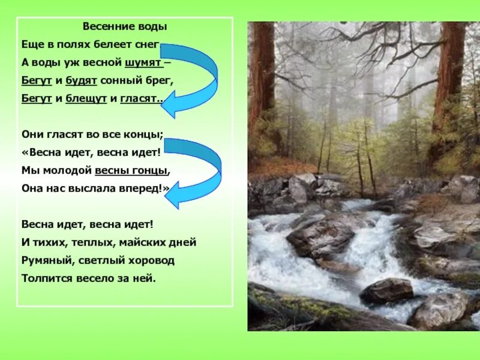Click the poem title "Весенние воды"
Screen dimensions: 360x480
pyautogui.click(x=124, y=27)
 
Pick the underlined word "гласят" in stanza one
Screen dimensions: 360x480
pyautogui.click(x=141, y=97)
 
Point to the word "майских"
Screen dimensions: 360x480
pyautogui.click(x=142, y=243)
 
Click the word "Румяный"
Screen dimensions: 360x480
pyautogui.click(x=44, y=261)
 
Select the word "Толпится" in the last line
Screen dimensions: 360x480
pyautogui.click(x=45, y=278)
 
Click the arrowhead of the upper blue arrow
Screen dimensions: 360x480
pyautogui.click(x=171, y=105)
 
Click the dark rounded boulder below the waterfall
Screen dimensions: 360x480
pyautogui.click(x=386, y=290)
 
